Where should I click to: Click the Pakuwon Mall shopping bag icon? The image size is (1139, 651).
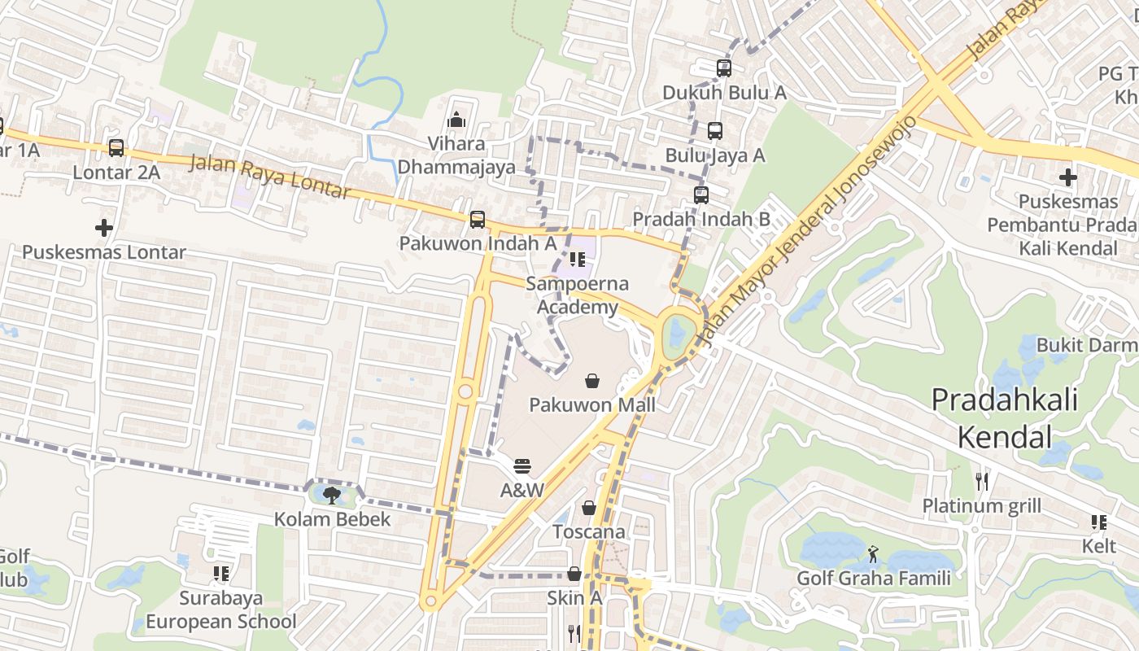[x=593, y=380]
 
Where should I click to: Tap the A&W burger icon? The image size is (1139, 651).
[x=522, y=466]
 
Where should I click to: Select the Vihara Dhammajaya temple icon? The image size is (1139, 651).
[x=456, y=120]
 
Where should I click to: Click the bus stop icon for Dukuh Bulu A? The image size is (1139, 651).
[x=724, y=68]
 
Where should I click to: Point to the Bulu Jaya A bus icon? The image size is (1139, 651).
[x=714, y=130]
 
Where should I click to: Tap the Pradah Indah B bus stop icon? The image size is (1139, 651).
[x=701, y=194]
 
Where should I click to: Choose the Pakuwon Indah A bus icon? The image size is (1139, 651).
[x=478, y=219]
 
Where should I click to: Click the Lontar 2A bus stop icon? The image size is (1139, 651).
[x=116, y=148]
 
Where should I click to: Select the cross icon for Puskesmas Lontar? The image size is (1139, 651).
[x=104, y=228]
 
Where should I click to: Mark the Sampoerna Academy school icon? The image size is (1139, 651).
[x=578, y=260]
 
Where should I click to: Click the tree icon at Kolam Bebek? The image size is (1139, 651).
[x=331, y=494]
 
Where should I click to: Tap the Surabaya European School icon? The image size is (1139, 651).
[x=220, y=574]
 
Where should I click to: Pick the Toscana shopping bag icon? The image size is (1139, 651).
[x=589, y=508]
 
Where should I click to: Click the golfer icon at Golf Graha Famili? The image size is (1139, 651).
[x=873, y=554]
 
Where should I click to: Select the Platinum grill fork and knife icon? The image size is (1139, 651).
[x=982, y=481]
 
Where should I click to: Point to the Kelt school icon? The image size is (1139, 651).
[x=1098, y=522]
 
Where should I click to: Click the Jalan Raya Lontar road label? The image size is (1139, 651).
[x=270, y=177]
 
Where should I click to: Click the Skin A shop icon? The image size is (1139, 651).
[x=574, y=574]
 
